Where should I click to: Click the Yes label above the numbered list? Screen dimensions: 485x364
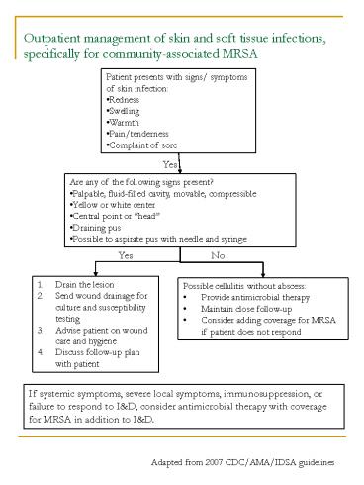pyautogui.click(x=127, y=255)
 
